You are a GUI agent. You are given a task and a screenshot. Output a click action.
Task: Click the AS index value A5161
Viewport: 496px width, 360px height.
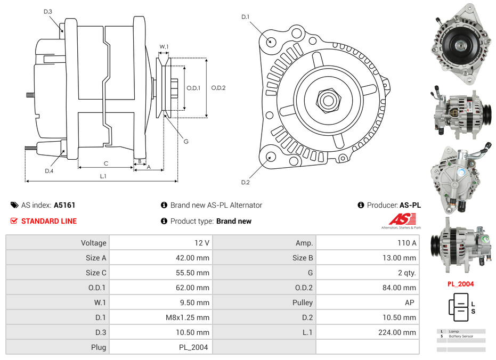pyautogui.click(x=64, y=205)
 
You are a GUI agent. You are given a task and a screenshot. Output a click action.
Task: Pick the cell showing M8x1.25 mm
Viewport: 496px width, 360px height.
pyautogui.click(x=188, y=317)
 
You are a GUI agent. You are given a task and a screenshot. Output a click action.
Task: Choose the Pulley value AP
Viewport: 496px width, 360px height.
pyautogui.click(x=409, y=302)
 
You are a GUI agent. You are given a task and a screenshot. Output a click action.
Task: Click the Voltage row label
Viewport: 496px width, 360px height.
pyautogui.click(x=93, y=243)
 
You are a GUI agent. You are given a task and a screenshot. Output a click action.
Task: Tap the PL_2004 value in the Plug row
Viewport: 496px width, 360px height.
pyautogui.click(x=194, y=347)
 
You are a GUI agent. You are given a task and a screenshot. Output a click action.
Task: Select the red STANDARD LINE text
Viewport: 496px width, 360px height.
pyautogui.click(x=49, y=221)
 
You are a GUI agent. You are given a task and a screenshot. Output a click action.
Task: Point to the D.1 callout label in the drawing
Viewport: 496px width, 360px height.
pyautogui.click(x=245, y=17)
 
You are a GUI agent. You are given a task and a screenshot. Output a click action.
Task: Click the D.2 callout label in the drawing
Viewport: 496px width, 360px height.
pyautogui.click(x=245, y=183)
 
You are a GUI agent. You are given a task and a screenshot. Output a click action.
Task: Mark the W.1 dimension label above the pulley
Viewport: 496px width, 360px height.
pyautogui.click(x=164, y=47)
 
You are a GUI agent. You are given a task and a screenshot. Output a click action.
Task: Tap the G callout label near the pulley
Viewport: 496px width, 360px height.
pyautogui.click(x=186, y=142)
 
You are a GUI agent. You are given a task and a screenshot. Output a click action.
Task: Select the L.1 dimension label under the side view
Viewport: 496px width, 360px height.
pyautogui.click(x=103, y=176)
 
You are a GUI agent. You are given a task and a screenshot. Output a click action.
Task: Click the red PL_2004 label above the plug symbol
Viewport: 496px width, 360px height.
pyautogui.click(x=460, y=284)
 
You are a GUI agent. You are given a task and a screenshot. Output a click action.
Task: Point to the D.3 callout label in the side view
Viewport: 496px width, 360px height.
pyautogui.click(x=48, y=11)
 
